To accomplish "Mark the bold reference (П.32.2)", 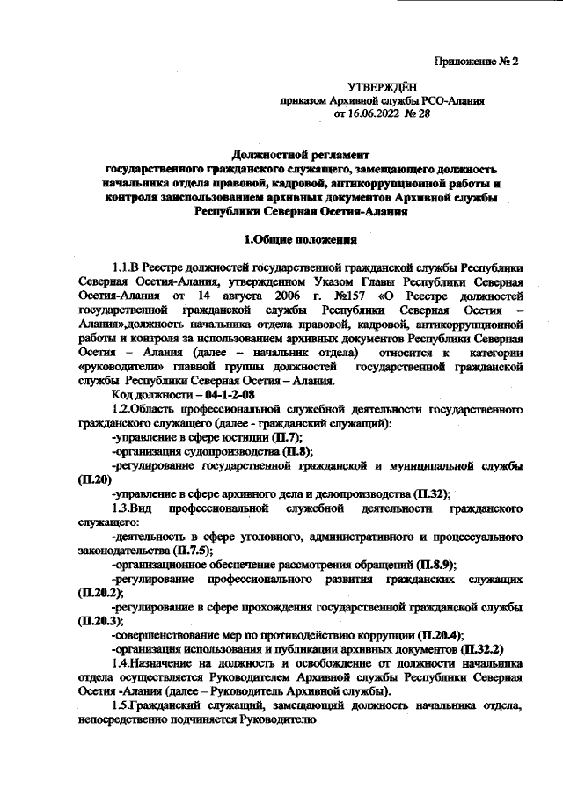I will click(474, 651).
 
